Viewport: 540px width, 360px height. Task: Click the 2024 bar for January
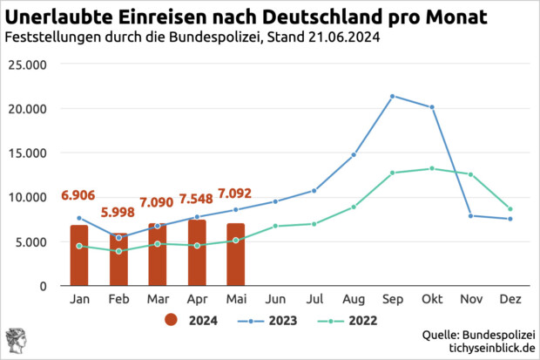click(79, 255)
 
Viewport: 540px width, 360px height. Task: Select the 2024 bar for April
click(197, 253)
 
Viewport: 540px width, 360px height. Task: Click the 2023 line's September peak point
click(393, 96)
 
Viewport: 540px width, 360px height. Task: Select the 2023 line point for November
click(471, 215)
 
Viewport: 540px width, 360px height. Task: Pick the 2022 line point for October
click(432, 168)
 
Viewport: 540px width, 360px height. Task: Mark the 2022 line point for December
click(510, 209)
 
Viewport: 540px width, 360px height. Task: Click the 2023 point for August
click(354, 154)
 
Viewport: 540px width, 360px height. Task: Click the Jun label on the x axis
click(275, 299)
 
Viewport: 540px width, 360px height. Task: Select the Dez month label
click(510, 299)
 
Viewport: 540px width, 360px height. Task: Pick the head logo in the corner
click(15, 341)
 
